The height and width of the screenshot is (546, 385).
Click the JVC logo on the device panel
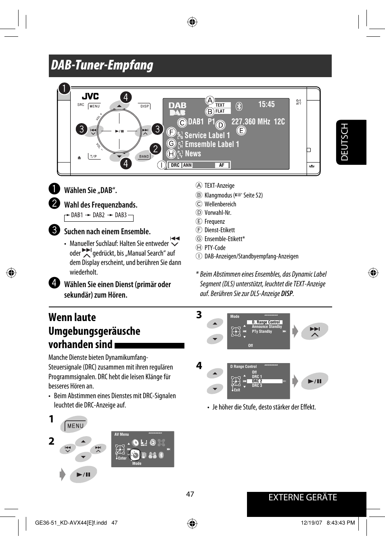(x=90, y=96)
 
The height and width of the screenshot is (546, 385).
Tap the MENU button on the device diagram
(x=94, y=106)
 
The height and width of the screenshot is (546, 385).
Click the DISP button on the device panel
(x=144, y=106)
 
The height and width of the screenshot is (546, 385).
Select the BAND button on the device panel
(x=144, y=156)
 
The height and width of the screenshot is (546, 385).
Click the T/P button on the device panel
(x=94, y=156)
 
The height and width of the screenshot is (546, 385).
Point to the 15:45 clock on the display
(x=266, y=104)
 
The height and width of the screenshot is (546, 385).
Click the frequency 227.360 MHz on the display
(x=250, y=122)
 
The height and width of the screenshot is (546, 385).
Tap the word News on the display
(x=193, y=154)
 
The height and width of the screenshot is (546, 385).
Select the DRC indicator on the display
(x=175, y=165)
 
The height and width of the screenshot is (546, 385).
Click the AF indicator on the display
(x=222, y=165)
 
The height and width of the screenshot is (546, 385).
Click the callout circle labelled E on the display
(x=241, y=130)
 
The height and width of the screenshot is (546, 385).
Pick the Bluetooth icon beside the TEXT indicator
(x=239, y=106)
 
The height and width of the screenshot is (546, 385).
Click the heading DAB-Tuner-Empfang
(x=102, y=65)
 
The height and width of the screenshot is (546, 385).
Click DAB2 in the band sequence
(x=98, y=215)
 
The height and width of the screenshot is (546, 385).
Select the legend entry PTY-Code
(x=215, y=248)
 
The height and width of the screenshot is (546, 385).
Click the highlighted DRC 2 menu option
(x=257, y=381)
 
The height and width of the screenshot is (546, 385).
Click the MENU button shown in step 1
(x=75, y=426)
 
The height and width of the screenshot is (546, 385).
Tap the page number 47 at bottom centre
(x=190, y=494)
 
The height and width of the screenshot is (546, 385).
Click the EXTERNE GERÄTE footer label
(x=303, y=498)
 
